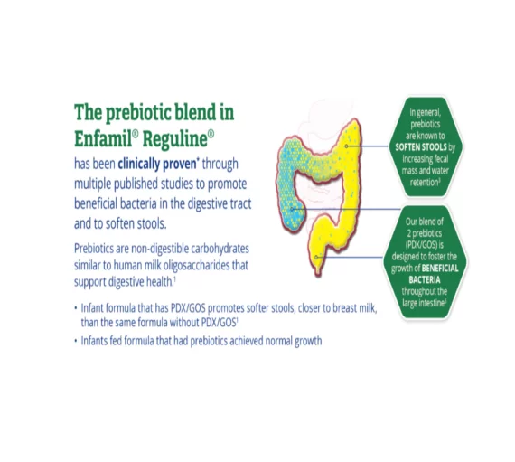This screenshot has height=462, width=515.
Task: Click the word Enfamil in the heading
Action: pyautogui.click(x=103, y=138)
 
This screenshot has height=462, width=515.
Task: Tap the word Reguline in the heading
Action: pyautogui.click(x=175, y=139)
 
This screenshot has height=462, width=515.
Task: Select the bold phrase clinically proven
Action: pyautogui.click(x=157, y=164)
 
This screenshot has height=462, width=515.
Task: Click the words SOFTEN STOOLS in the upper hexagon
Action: pyautogui.click(x=421, y=146)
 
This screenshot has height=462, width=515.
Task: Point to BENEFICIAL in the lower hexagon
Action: pyautogui.click(x=440, y=269)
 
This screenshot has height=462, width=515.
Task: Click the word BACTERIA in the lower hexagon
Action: pyautogui.click(x=425, y=279)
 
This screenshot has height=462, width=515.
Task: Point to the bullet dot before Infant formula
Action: pyautogui.click(x=76, y=308)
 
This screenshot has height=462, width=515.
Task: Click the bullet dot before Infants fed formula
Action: pyautogui.click(x=76, y=341)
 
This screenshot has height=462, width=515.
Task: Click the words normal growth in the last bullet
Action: pyautogui.click(x=294, y=341)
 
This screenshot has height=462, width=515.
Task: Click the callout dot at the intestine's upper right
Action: pyautogui.click(x=346, y=146)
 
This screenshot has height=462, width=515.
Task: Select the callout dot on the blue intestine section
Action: pyautogui.click(x=292, y=209)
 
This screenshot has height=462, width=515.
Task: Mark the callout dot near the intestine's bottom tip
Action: pyautogui.click(x=316, y=257)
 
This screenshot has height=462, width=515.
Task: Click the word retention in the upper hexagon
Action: pyautogui.click(x=424, y=183)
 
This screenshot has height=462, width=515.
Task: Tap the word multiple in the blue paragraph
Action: pyautogui.click(x=93, y=184)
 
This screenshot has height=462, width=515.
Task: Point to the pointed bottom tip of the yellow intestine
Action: pyautogui.click(x=318, y=275)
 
